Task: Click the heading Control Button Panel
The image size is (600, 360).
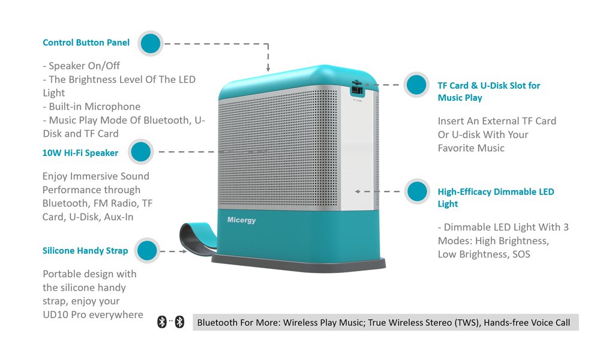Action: point(86,43)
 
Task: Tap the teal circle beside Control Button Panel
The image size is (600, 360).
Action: point(151,43)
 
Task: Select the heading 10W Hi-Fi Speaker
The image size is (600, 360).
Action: point(80,153)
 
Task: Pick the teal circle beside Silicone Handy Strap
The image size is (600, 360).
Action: point(148,251)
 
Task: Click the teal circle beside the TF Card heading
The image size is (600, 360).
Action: point(416,85)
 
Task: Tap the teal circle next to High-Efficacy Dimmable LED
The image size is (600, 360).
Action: point(416,192)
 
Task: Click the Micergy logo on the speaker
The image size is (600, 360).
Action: point(241,220)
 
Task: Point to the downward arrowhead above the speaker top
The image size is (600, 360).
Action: point(268,70)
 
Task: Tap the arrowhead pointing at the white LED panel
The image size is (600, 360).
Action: point(358,192)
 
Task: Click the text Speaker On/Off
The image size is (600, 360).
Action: point(85,66)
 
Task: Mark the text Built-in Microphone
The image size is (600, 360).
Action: point(91,107)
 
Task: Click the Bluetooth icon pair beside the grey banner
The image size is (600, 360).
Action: point(170,323)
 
